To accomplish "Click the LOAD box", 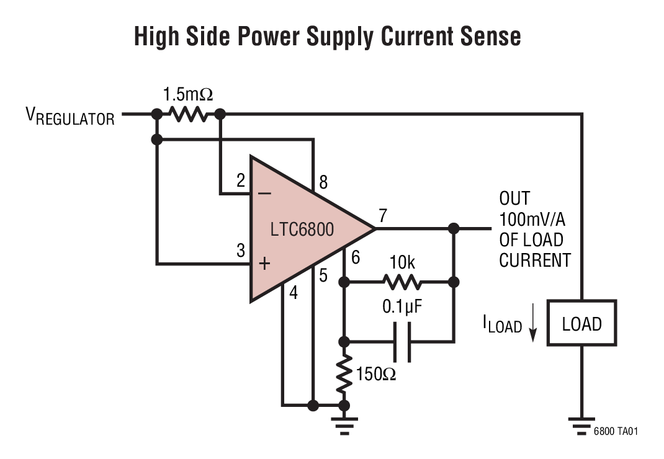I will click(581, 323).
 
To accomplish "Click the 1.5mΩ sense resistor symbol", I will click(188, 114).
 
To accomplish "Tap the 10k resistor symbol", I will click(402, 282).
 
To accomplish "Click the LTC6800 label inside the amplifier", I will click(302, 229).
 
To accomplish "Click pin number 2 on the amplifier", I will click(240, 181).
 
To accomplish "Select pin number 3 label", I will click(240, 251).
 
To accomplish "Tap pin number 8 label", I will click(323, 182).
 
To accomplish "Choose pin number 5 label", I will click(323, 275).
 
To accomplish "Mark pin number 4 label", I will click(294, 293).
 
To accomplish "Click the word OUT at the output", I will click(514, 199).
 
